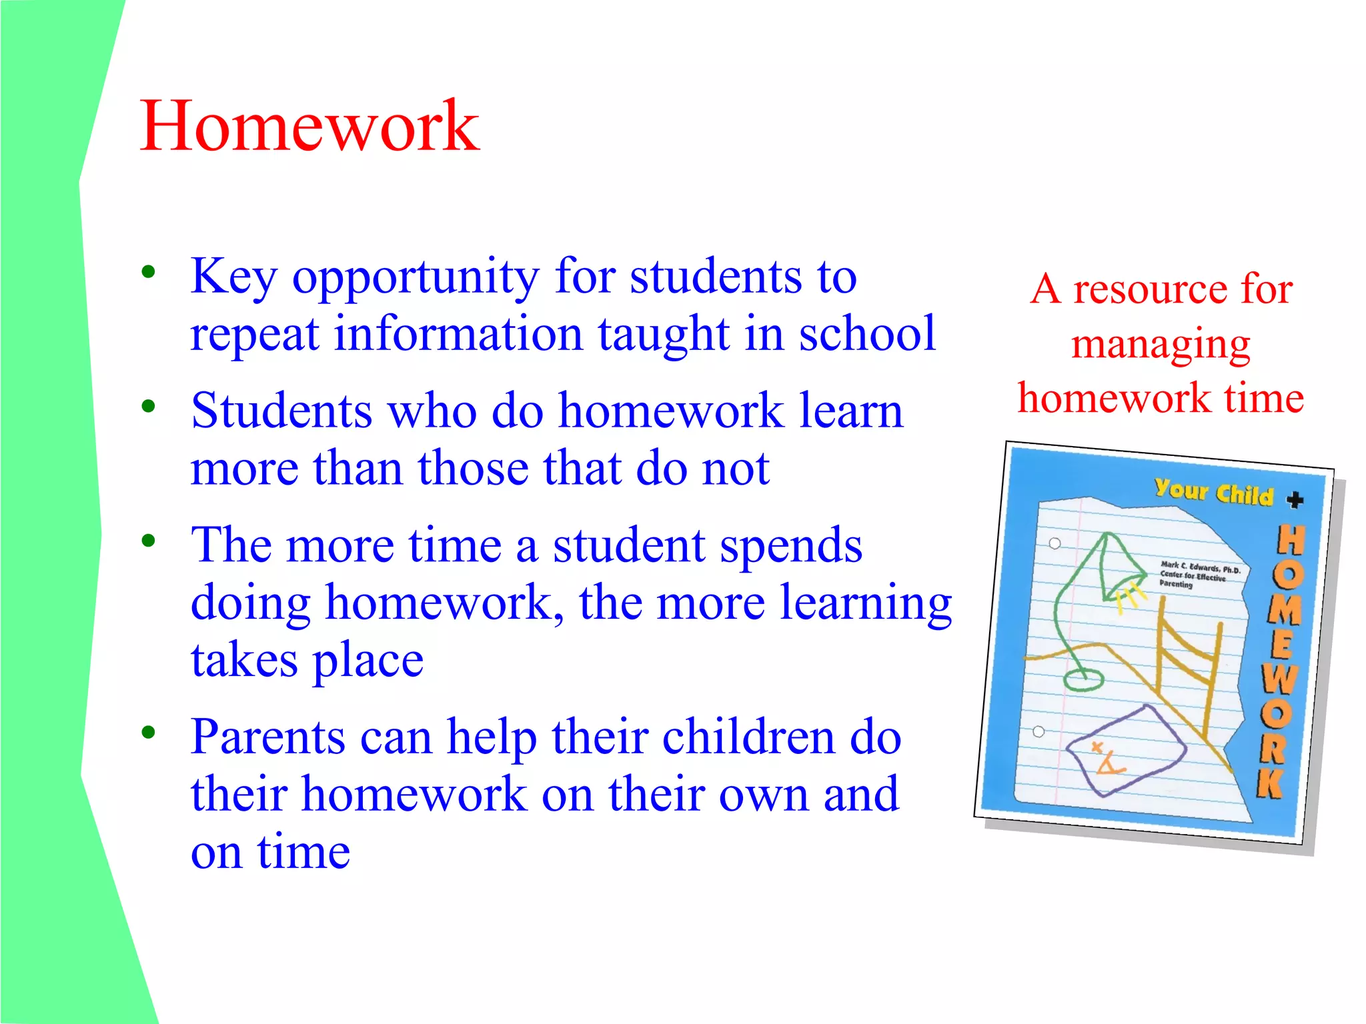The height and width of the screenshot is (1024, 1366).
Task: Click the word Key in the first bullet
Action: (x=233, y=277)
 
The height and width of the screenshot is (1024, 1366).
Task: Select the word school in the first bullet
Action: (x=867, y=333)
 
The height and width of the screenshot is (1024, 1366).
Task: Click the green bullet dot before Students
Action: (x=148, y=406)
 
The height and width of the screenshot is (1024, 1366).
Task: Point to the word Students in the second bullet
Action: (x=281, y=411)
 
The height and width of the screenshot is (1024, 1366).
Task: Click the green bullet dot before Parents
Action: (x=148, y=732)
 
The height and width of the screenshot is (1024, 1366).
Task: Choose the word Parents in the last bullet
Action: (x=267, y=737)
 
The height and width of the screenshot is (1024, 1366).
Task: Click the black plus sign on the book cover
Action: (x=1295, y=499)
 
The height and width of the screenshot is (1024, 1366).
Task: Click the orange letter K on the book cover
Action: (x=1271, y=783)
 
